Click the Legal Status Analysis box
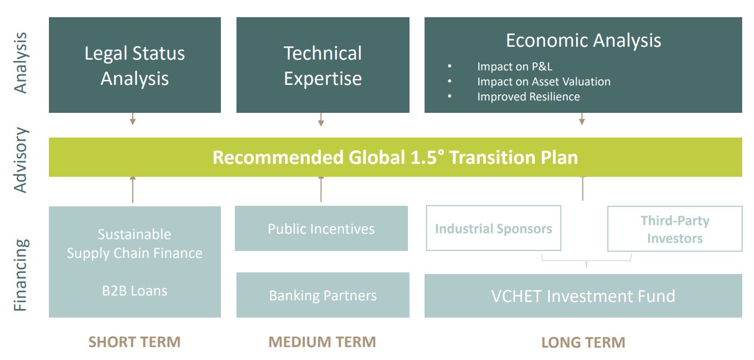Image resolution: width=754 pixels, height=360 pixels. point(135,65)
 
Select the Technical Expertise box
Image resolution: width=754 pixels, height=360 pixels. point(323,65)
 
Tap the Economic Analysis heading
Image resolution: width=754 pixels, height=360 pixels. point(583,41)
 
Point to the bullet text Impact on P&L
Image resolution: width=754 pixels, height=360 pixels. point(515,67)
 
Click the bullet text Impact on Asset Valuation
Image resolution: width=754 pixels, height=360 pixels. point(544,82)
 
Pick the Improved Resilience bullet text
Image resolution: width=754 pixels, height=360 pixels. point(528,97)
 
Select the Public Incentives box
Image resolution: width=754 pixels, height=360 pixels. point(321,228)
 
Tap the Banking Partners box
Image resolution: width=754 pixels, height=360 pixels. point(323,295)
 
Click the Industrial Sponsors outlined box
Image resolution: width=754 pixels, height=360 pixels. point(493,228)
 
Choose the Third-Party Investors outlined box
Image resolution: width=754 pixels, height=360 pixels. point(674,229)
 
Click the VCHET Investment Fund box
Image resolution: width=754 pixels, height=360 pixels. point(583,296)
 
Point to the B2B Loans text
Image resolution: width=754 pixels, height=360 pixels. point(135,291)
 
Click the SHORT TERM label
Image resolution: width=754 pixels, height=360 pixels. point(135,342)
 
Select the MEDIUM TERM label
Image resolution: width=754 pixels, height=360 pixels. point(322,342)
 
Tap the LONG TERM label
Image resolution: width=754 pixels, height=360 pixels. point(583,342)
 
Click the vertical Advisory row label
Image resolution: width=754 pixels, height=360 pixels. point(20,160)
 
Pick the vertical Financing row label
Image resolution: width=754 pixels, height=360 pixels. point(20,275)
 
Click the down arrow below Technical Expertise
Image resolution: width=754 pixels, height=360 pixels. point(321,119)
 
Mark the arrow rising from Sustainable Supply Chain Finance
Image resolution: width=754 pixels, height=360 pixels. point(133,190)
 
